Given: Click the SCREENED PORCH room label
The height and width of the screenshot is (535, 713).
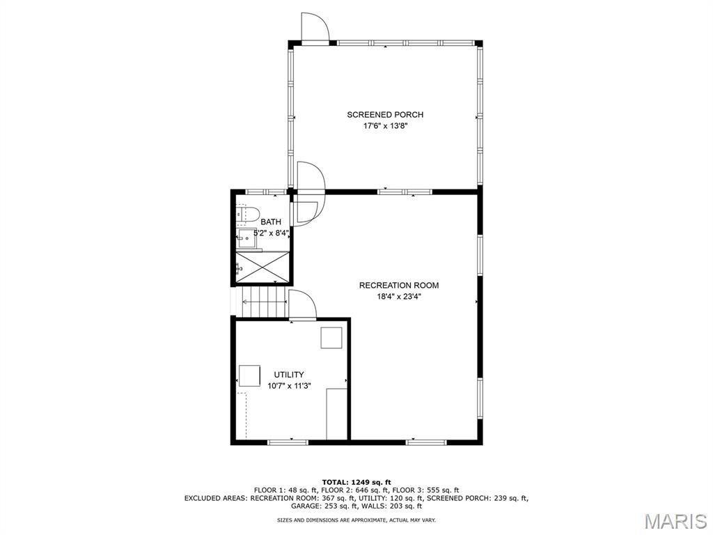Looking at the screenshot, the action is [385, 115].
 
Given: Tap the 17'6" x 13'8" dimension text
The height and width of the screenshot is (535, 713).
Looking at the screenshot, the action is [385, 127].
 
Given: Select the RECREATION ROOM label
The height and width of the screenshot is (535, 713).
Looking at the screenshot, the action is [399, 285].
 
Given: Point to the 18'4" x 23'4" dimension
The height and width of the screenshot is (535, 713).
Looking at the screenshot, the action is [399, 297].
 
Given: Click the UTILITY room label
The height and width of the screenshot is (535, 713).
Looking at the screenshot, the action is [289, 374].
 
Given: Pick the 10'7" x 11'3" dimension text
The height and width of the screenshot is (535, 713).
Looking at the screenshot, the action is [289, 386].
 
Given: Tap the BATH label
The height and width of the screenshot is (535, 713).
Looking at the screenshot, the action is [271, 222].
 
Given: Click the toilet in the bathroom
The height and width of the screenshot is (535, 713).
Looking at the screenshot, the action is [247, 215].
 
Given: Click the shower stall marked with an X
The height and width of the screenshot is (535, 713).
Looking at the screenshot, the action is [263, 266].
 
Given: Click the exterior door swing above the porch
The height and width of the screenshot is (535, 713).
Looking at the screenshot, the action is [315, 27].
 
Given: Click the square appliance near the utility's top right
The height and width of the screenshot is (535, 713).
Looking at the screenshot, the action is [331, 338].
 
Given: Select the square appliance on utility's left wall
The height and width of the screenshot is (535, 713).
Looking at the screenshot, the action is [250, 375].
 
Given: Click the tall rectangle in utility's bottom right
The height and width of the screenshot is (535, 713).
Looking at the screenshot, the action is [337, 414].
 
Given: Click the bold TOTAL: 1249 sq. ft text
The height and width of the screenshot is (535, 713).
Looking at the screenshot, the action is [356, 482].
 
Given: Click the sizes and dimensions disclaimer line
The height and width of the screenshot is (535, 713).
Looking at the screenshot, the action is [356, 520].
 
